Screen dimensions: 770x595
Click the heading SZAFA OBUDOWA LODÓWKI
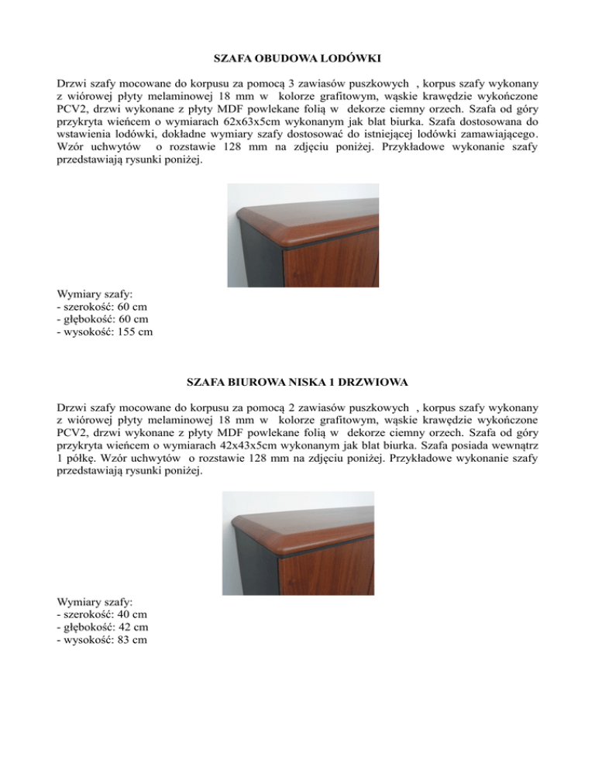click(x=297, y=58)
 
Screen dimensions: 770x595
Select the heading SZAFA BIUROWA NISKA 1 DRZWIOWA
click(x=297, y=383)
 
